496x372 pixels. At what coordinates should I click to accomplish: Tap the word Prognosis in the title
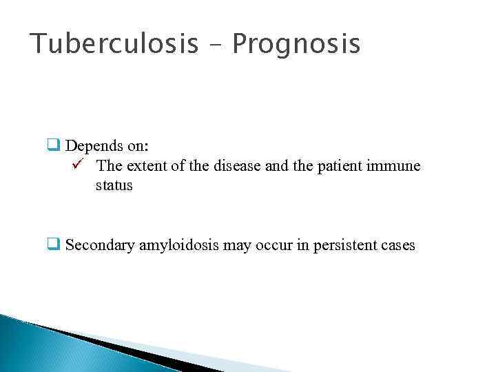pyautogui.click(x=296, y=44)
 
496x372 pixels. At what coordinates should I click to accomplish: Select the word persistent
pyautogui.click(x=342, y=245)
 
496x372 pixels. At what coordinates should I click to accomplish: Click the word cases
pyautogui.click(x=398, y=245)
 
